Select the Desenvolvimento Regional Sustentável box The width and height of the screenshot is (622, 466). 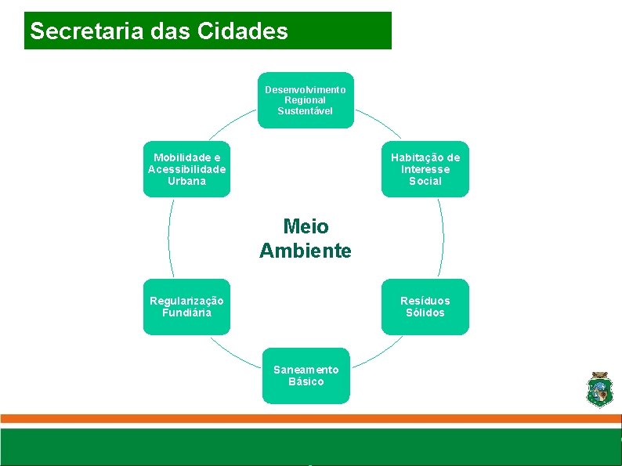tap(306, 100)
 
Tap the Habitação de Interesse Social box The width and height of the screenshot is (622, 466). tap(425, 169)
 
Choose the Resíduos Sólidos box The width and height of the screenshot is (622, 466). tap(425, 307)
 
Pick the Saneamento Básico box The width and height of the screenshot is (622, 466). tap(306, 375)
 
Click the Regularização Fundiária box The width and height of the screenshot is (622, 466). tap(186, 307)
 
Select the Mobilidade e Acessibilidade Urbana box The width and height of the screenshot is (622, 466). tap(186, 169)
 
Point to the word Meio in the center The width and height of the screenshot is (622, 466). tap(306, 226)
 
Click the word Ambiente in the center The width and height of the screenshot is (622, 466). tap(306, 251)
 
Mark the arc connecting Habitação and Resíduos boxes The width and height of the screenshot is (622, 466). tap(443, 237)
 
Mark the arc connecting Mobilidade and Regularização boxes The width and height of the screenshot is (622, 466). tap(169, 237)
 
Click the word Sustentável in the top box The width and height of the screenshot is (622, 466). tap(306, 111)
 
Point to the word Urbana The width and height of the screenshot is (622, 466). tap(186, 181)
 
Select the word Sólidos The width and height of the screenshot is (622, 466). tap(425, 313)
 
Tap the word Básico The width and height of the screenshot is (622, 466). tap(306, 381)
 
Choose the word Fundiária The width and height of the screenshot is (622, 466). tap(186, 313)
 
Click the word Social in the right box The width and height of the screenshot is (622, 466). tap(425, 181)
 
